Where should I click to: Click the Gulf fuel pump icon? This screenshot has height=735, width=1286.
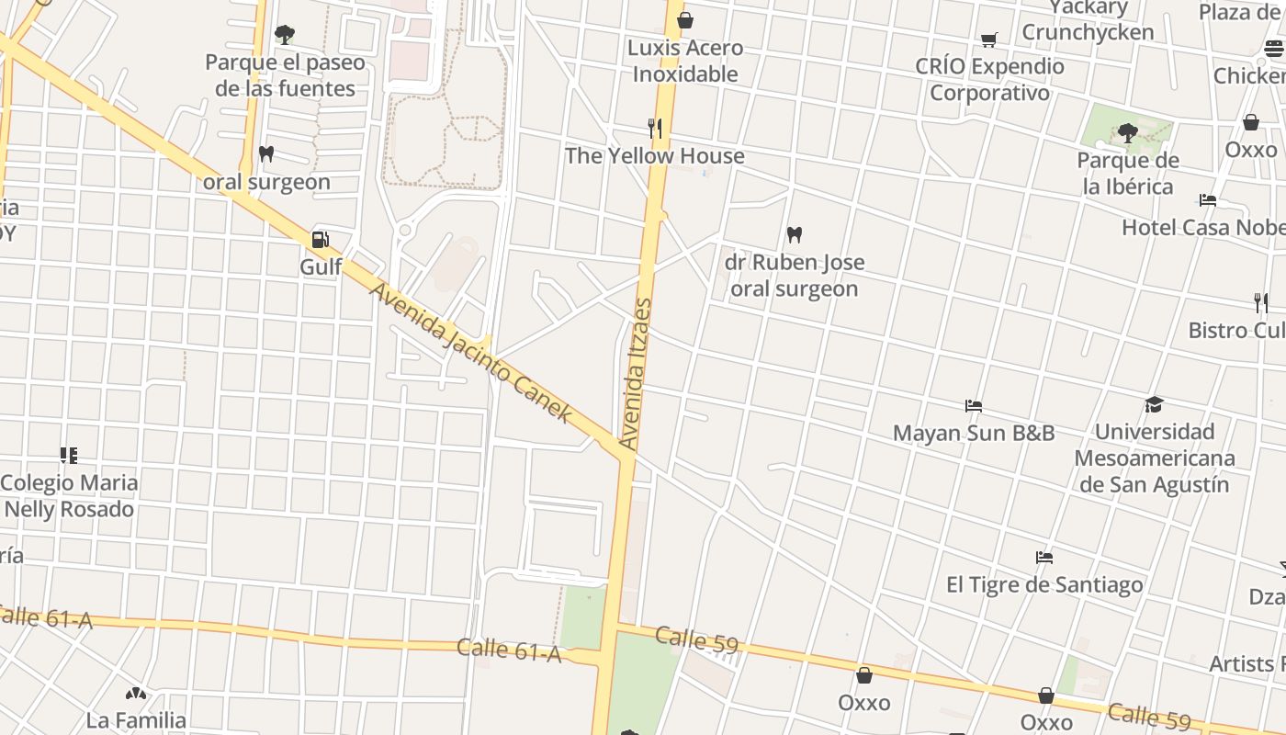[x=320, y=240]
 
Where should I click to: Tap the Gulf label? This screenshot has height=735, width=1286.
[x=321, y=267]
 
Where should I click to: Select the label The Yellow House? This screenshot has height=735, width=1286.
[x=654, y=156]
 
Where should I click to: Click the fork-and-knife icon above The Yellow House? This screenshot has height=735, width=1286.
[x=655, y=129]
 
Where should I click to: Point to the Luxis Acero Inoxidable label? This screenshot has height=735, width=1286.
[x=685, y=61]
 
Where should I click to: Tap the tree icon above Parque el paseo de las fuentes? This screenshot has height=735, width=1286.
[x=285, y=35]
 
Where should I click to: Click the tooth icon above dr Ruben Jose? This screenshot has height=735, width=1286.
[x=795, y=234]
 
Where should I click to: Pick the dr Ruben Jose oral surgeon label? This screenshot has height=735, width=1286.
[x=795, y=276]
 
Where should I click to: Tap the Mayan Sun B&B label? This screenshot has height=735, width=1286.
[x=974, y=433]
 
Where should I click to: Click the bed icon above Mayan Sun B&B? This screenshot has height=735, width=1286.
[x=974, y=405]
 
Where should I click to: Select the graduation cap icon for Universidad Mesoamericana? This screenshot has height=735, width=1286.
[x=1154, y=404]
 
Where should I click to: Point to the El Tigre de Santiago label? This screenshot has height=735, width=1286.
[x=1044, y=584]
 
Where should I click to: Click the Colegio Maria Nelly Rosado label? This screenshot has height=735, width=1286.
[x=70, y=496]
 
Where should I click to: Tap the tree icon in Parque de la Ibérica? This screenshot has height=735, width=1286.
[x=1128, y=134]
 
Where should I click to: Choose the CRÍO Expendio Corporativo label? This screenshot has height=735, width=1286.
[x=989, y=80]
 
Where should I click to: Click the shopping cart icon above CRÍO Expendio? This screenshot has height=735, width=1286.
[x=988, y=40]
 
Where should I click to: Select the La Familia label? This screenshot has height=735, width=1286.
[x=136, y=720]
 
